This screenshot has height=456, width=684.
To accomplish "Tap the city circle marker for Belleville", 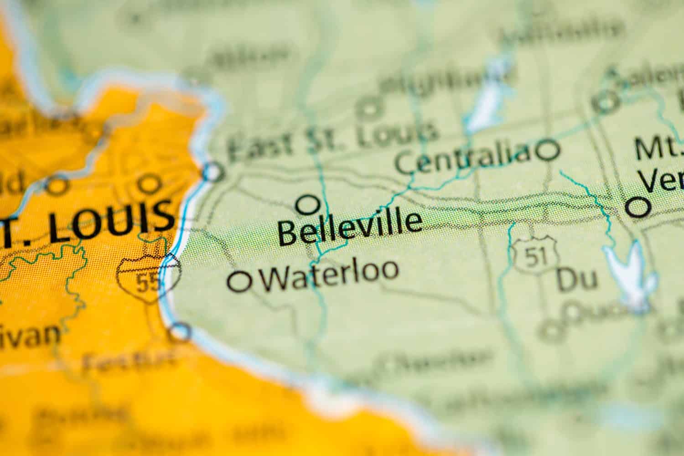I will pyautogui.click(x=308, y=204).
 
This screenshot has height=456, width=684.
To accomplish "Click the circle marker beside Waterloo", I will pyautogui.click(x=240, y=281).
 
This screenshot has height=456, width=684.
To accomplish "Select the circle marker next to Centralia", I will pyautogui.click(x=548, y=150).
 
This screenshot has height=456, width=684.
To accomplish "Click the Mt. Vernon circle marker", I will pyautogui.click(x=637, y=207).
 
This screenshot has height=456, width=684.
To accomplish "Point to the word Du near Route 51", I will pyautogui.click(x=576, y=279).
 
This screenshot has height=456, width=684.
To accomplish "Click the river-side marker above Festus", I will pyautogui.click(x=181, y=332).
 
